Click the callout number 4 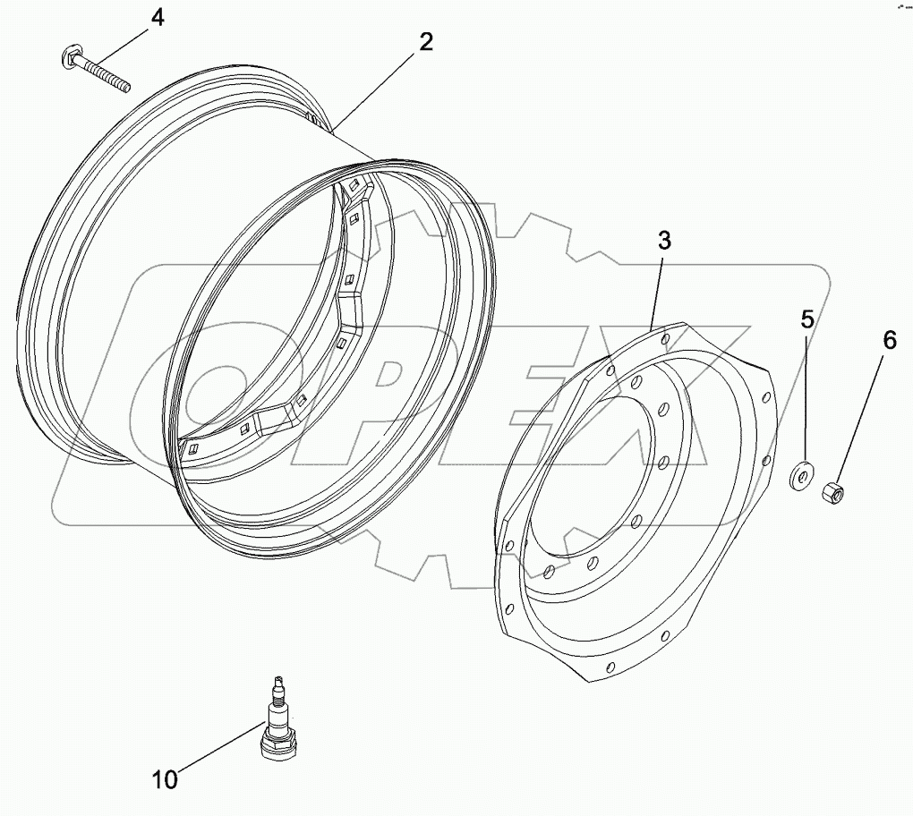[156, 18]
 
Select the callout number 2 [426, 42]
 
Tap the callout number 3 [663, 241]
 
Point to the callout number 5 [807, 319]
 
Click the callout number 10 [165, 779]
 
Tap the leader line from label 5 [806, 394]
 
